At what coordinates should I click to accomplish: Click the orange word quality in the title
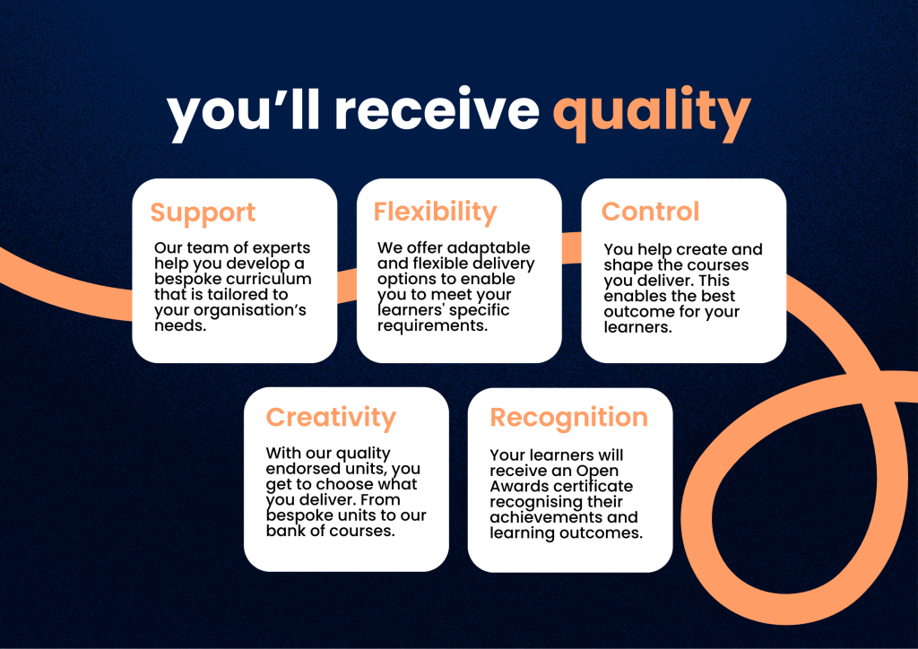[651, 112]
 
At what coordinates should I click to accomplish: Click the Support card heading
[203, 212]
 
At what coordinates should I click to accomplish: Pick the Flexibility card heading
[435, 212]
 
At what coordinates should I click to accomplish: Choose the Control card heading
[650, 212]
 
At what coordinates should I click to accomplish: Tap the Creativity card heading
[331, 418]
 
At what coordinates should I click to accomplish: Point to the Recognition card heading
[568, 418]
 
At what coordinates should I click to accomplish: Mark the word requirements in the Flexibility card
[432, 326]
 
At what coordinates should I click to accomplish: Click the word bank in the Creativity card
[284, 532]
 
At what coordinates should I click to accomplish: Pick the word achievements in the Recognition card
[550, 517]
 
